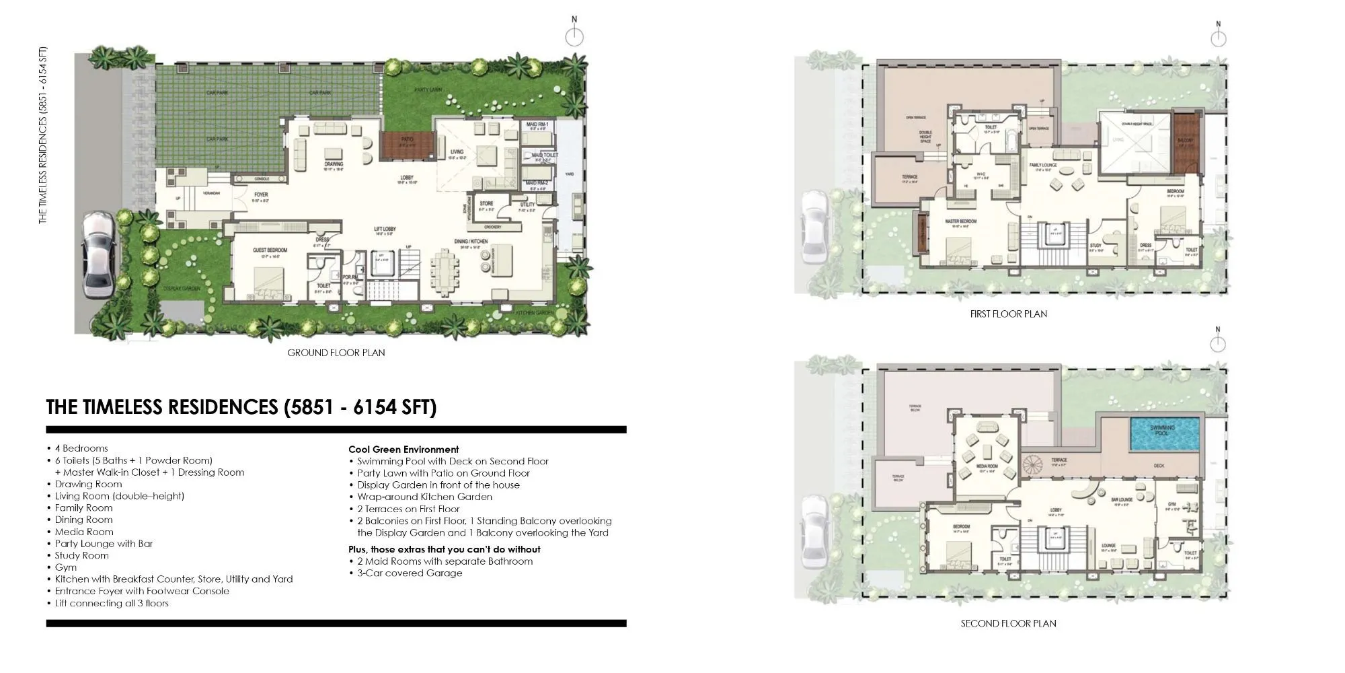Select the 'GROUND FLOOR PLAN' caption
pos(336,353)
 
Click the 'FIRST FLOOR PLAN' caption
pos(1008,314)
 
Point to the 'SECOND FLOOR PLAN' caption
pos(1008,624)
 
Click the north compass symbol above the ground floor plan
pos(574,36)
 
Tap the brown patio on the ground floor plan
pos(406,145)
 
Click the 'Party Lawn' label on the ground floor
pos(428,90)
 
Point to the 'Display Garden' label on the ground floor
pos(182,288)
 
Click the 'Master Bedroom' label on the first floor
pos(960,221)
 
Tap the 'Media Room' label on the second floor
pos(988,466)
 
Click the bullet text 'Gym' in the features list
pos(66,567)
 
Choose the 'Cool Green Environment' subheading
pos(403,450)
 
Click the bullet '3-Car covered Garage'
pos(410,573)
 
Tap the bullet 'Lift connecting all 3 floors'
pos(112,603)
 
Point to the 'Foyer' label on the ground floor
pos(261,194)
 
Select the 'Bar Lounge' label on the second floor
pos(1122,500)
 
